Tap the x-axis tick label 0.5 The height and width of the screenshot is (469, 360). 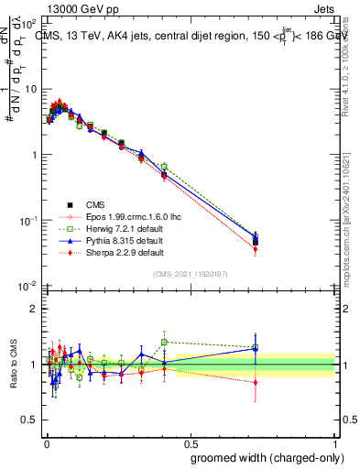pyautogui.click(x=189, y=442)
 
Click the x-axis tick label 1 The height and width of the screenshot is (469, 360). pyautogui.click(x=333, y=442)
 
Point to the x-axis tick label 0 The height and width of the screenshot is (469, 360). pyautogui.click(x=46, y=442)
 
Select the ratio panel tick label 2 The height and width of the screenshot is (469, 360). pyautogui.click(x=32, y=309)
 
